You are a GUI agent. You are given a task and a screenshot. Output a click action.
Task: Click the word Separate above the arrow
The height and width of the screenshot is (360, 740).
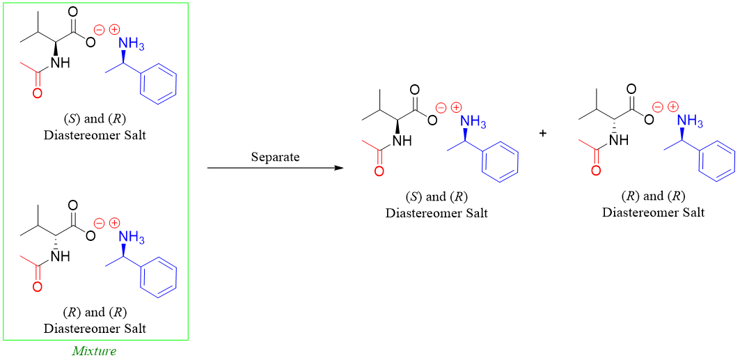click(x=275, y=157)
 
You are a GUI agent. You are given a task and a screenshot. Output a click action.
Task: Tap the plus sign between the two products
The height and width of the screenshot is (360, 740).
click(x=543, y=133)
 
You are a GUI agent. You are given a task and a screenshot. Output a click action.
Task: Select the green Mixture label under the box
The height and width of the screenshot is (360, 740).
click(x=94, y=350)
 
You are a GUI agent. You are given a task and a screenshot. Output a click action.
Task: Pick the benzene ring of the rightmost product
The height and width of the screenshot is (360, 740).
click(x=717, y=162)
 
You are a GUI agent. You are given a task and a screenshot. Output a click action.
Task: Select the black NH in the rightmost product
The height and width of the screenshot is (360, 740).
click(x=617, y=140)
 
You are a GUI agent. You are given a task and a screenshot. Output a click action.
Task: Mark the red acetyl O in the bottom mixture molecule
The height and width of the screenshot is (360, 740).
click(x=37, y=286)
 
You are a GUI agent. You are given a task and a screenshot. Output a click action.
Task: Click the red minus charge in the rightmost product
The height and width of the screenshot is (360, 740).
click(x=656, y=107)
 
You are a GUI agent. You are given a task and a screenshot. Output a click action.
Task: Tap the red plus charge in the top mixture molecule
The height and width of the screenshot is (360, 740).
click(x=114, y=29)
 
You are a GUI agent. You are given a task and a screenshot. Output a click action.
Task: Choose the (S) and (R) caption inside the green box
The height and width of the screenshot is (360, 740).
click(x=95, y=118)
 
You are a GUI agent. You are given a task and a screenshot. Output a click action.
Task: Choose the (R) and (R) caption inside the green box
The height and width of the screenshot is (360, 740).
click(x=95, y=311)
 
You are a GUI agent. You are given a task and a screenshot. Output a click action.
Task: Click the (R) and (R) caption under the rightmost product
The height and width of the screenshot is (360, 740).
click(x=653, y=196)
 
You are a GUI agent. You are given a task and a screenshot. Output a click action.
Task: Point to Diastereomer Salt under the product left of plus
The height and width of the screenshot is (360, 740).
click(x=436, y=213)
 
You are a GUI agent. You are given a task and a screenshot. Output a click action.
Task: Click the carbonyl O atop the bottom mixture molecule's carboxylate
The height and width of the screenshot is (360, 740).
click(x=72, y=206)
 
